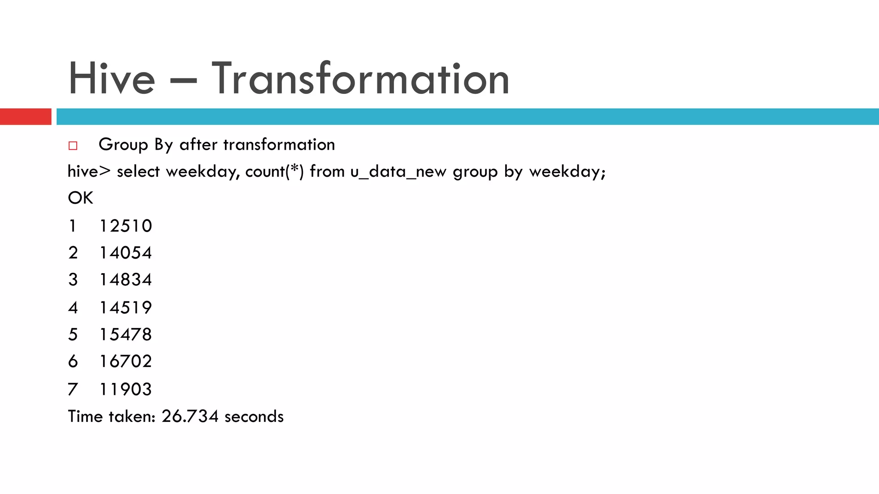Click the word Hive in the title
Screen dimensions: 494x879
[111, 78]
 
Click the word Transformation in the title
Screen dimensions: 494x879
[361, 78]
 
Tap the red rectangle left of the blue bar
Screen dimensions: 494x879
[25, 117]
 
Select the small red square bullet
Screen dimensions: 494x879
[73, 146]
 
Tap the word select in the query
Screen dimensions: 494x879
[138, 172]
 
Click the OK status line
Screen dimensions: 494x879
[80, 198]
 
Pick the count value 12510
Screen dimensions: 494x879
[126, 226]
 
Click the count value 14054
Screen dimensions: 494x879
[126, 253]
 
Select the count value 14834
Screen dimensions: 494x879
[126, 280]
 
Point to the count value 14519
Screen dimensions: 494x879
[126, 307]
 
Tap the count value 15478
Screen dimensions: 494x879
[126, 334]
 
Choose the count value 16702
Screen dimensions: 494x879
[126, 361]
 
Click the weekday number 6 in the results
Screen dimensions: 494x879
[73, 361]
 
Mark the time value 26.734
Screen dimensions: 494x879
[190, 416]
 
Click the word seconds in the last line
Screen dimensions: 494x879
[254, 416]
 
